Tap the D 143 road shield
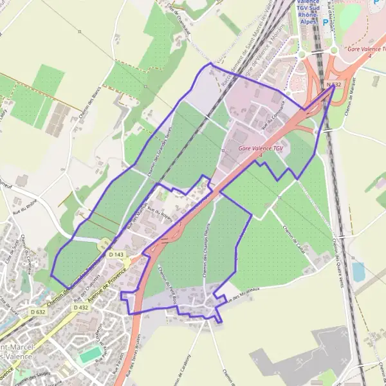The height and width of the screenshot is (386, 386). point(116,255)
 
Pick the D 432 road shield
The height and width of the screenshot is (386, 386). point(80,308)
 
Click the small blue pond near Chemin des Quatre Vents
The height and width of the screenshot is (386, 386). point(358,271)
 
